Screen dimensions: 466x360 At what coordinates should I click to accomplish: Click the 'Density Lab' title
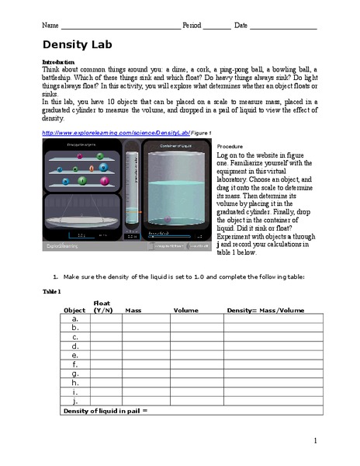[x=78, y=44]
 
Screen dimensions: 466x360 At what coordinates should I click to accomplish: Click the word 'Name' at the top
[x=50, y=25]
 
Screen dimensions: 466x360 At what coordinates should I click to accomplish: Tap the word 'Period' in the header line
[x=192, y=25]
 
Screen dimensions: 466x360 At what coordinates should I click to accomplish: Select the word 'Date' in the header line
[x=241, y=25]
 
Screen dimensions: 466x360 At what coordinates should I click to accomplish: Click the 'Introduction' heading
[x=59, y=61]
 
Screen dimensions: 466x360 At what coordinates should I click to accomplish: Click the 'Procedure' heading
[x=230, y=146]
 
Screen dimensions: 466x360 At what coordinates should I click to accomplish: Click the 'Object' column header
[x=74, y=310]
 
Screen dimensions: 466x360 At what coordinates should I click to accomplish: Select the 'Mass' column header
[x=133, y=310]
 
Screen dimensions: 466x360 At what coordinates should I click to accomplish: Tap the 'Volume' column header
[x=186, y=310]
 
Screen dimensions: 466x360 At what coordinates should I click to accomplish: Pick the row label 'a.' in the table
[x=74, y=318]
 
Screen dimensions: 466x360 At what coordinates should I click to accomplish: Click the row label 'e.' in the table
[x=74, y=355]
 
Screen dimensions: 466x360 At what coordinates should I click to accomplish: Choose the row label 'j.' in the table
[x=74, y=401]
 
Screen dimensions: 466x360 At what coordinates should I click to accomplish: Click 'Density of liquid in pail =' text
[x=105, y=410]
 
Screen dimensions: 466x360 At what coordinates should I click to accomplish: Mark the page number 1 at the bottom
[x=316, y=441]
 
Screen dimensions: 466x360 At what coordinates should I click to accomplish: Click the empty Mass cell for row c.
[x=145, y=337]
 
